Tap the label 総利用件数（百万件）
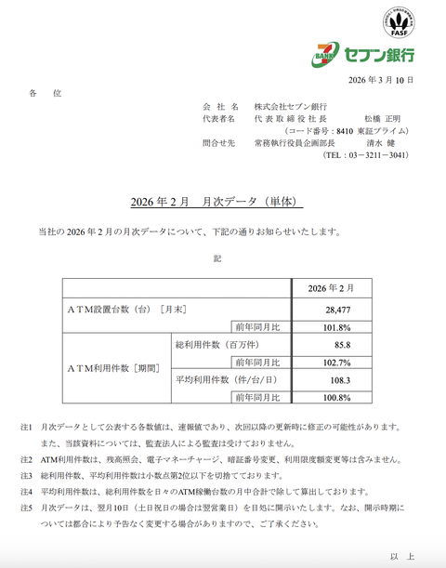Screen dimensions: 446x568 tap(216, 345)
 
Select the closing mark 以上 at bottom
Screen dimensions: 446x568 tap(401, 556)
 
